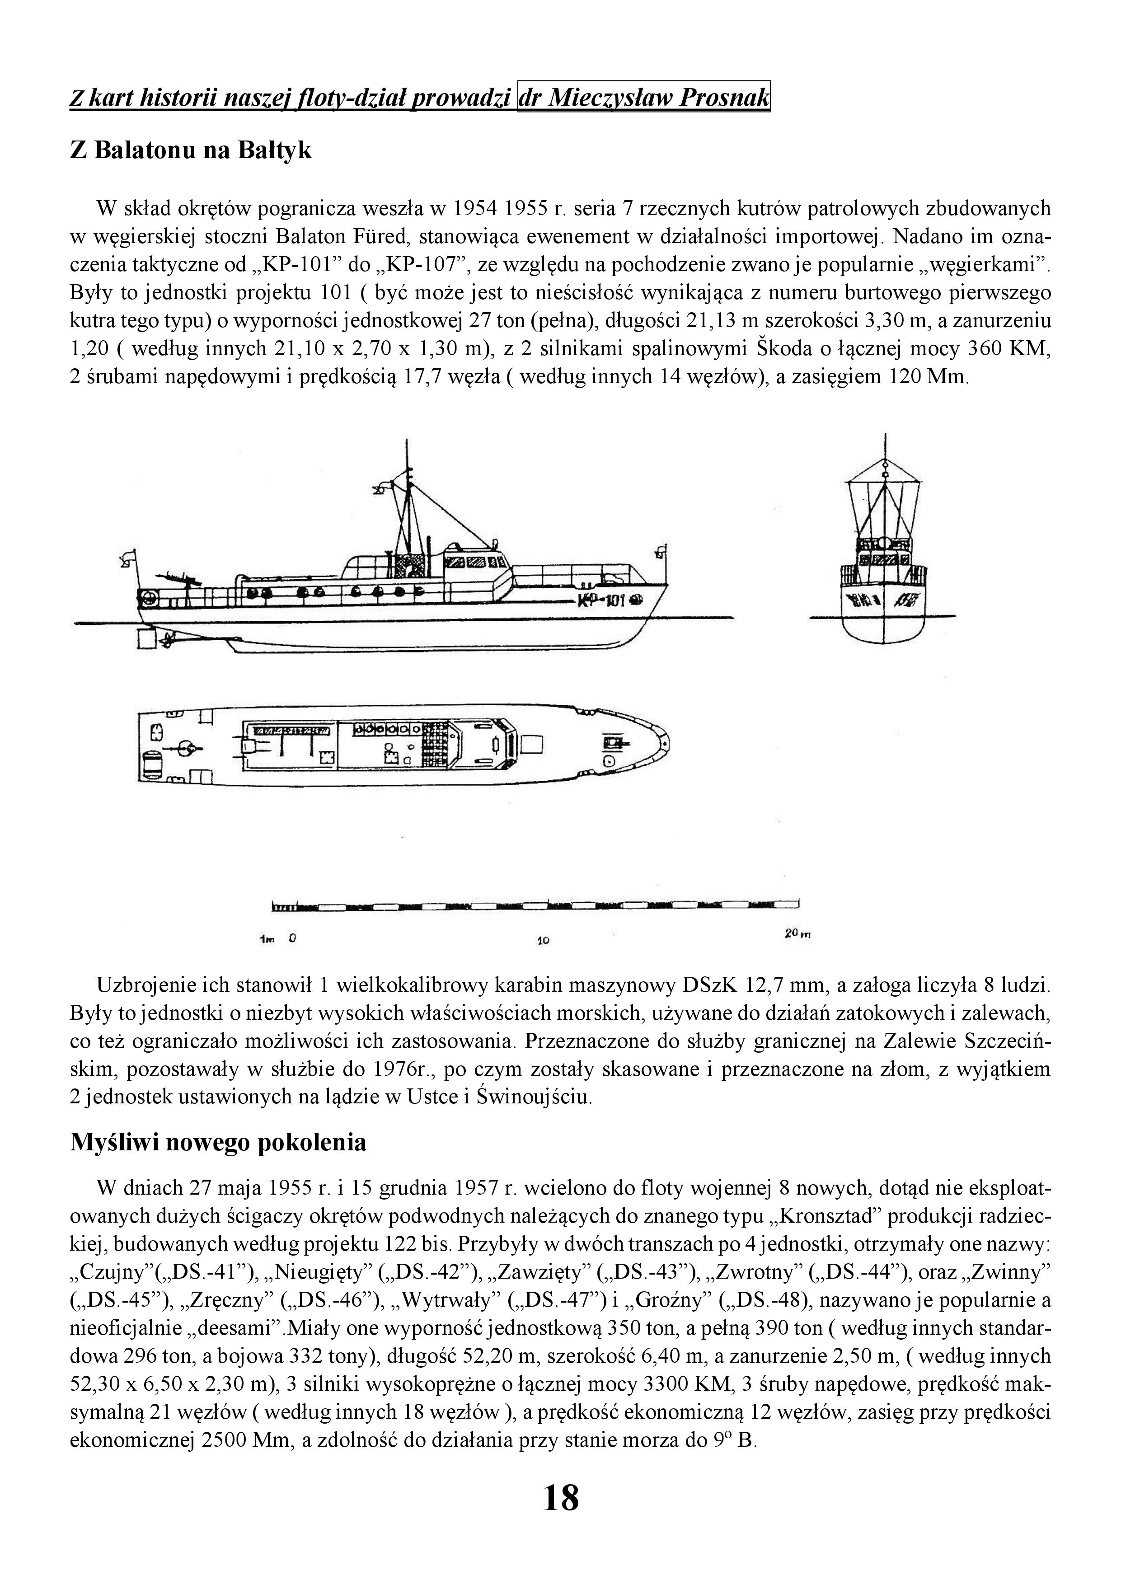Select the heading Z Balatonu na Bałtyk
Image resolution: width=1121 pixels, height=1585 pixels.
[x=191, y=150]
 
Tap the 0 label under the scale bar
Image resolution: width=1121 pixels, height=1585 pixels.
[x=293, y=939]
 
